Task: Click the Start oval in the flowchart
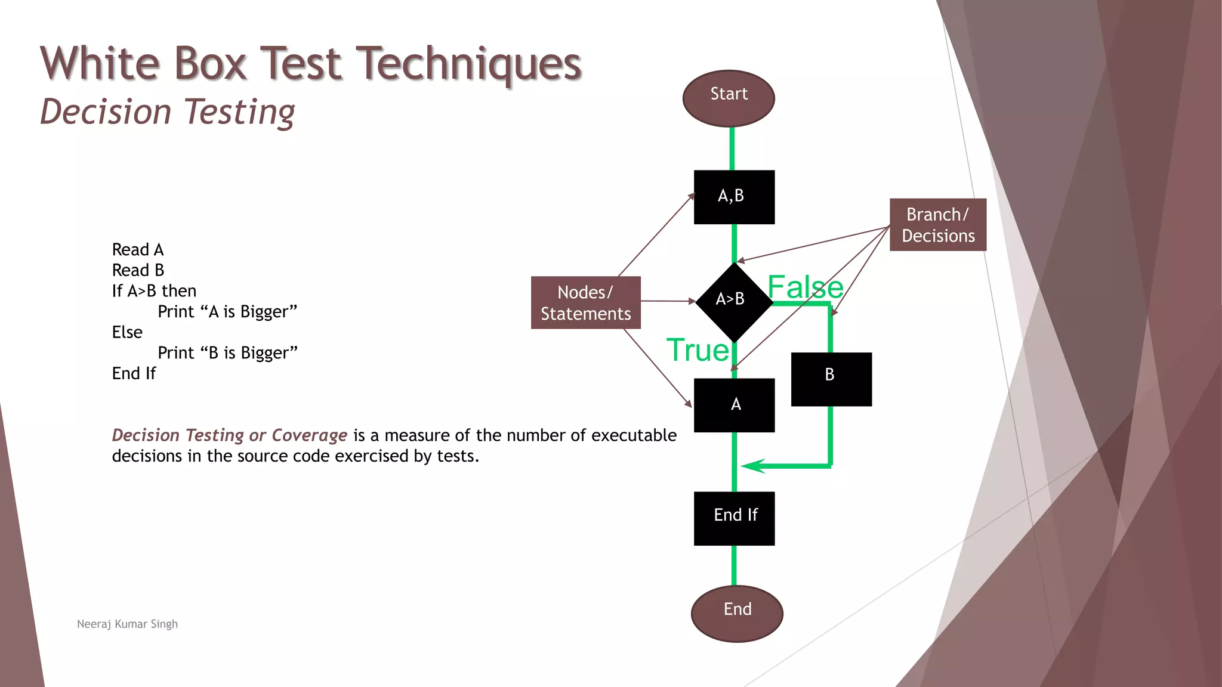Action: (729, 98)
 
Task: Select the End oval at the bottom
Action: (737, 613)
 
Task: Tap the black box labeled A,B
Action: (734, 197)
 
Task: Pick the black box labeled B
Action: (831, 379)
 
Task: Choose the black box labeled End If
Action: (734, 518)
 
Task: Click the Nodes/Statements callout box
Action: (585, 302)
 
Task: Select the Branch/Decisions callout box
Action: (937, 225)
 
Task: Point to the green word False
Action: (805, 287)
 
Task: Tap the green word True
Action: (698, 350)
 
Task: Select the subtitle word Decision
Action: (106, 112)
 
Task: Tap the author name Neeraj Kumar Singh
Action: (127, 624)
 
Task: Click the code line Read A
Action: (138, 249)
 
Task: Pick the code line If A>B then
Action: (154, 291)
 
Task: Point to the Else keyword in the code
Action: (127, 332)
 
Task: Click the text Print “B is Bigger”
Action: (227, 353)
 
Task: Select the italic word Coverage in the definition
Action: (309, 435)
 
